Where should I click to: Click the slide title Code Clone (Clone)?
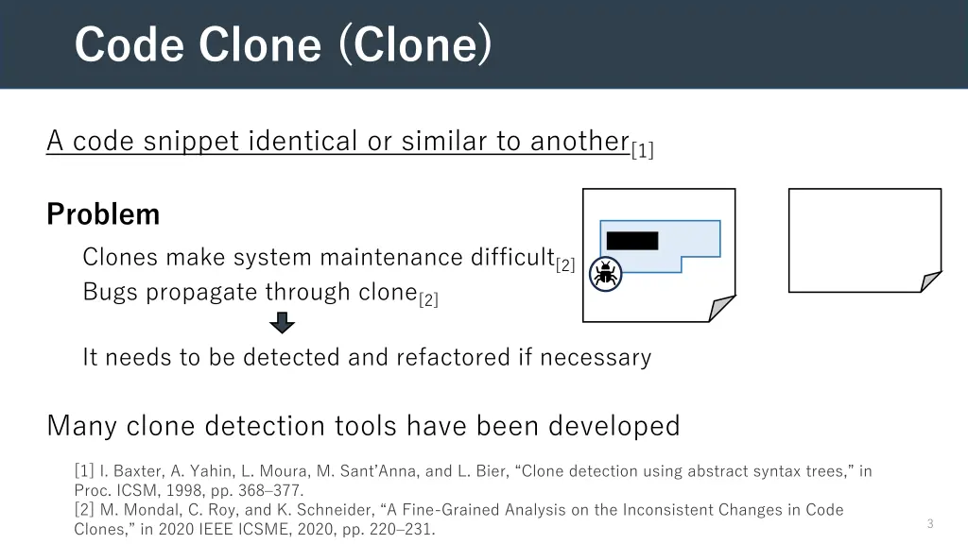click(282, 44)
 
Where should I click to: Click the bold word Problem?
click(103, 214)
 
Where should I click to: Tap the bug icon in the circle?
click(605, 275)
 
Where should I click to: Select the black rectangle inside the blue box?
click(631, 241)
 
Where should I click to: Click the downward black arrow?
click(282, 324)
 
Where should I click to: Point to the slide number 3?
click(929, 523)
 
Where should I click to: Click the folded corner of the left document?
click(721, 308)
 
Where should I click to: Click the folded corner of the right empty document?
click(930, 280)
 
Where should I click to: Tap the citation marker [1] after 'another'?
click(643, 149)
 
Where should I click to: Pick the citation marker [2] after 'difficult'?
click(565, 264)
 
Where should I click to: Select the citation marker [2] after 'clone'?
click(428, 300)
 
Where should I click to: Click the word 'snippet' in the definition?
click(193, 141)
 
